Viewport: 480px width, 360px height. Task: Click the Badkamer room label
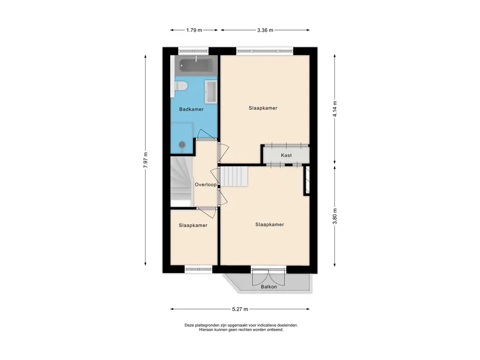pos(191,109)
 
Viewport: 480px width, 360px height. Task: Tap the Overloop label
pos(206,185)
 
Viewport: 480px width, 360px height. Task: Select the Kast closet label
pos(286,155)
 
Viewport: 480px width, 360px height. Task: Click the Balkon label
pos(269,287)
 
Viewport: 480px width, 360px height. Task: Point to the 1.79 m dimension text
pos(194,30)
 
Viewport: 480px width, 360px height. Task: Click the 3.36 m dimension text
pos(265,30)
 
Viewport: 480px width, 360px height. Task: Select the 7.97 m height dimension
pos(145,160)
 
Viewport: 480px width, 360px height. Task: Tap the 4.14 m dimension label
pos(335,109)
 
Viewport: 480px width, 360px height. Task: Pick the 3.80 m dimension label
pos(335,216)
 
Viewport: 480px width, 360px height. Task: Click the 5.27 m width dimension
pos(240,309)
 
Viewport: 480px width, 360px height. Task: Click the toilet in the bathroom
pos(181,86)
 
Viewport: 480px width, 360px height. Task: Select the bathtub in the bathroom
pos(196,66)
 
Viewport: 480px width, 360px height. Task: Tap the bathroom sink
pos(210,91)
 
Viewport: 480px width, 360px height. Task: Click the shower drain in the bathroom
pos(182,144)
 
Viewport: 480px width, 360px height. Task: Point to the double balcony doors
pos(269,277)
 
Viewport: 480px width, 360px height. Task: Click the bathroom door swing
pos(207,135)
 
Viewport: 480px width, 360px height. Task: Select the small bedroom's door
pos(207,212)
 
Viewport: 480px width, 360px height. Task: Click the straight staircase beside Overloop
pos(234,176)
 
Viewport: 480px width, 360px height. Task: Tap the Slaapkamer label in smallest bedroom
pos(193,225)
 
